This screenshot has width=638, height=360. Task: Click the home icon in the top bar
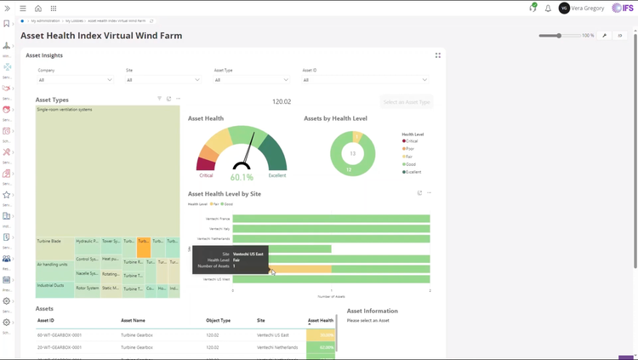(x=38, y=9)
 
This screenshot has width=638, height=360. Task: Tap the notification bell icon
(x=548, y=9)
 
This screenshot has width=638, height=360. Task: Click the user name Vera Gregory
(x=588, y=9)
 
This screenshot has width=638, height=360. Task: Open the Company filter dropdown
(x=75, y=80)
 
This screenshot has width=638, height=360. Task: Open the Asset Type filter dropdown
(x=251, y=80)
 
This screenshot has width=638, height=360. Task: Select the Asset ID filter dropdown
(x=365, y=80)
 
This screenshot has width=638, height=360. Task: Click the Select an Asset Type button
(x=407, y=102)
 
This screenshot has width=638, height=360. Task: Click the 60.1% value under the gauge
(x=242, y=177)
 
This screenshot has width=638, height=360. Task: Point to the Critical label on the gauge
(x=206, y=175)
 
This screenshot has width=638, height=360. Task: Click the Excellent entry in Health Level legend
(x=413, y=172)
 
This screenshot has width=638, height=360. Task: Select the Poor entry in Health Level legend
(x=410, y=149)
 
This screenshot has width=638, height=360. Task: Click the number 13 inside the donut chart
(x=352, y=154)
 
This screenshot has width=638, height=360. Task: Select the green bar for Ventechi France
(x=331, y=219)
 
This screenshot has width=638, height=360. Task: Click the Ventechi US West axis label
(x=216, y=279)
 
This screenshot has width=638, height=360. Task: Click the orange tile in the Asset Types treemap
(x=144, y=248)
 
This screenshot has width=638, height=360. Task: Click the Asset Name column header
(x=133, y=321)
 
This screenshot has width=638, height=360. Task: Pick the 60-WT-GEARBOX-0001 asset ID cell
(x=60, y=335)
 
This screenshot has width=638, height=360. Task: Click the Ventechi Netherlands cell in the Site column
(x=277, y=347)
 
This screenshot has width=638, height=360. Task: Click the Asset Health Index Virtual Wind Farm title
(x=101, y=36)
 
